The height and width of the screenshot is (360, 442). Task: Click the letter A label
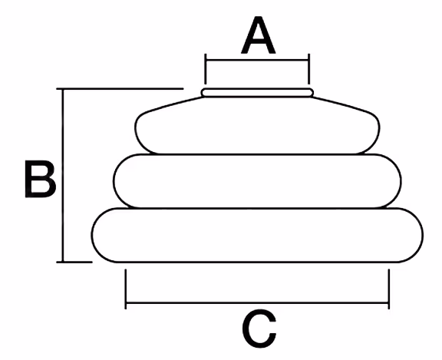(258, 35)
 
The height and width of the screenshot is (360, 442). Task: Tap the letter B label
(41, 179)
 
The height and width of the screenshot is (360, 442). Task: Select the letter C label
(259, 329)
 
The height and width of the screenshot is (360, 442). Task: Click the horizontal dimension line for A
(257, 60)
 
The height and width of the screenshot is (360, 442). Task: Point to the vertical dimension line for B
(63, 175)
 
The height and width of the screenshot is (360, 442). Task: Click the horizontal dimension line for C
(257, 303)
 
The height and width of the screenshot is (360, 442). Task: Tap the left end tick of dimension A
(206, 69)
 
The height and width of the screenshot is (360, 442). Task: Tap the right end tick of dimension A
(309, 69)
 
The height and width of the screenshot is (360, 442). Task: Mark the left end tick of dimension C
(126, 289)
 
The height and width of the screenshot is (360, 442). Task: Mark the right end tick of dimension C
(389, 289)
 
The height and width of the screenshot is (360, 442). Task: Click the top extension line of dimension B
(120, 88)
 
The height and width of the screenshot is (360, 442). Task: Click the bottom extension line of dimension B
(74, 263)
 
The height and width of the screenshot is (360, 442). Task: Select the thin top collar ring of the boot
(257, 92)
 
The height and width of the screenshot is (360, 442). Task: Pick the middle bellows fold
(257, 181)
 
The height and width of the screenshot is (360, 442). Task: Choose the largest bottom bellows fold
(257, 235)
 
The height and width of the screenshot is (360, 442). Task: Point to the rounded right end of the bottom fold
(422, 235)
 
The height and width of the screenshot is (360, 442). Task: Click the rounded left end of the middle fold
(114, 181)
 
